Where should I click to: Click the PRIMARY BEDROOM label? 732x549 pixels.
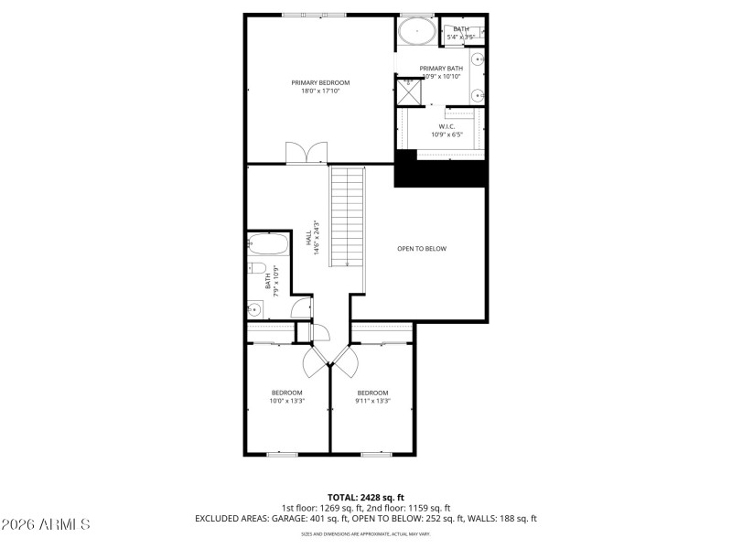pos(320,82)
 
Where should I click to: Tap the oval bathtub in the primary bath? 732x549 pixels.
pos(417,31)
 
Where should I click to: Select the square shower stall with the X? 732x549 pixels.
pos(407,91)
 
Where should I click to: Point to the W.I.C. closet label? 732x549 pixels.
pos(447,126)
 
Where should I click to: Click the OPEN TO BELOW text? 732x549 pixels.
pos(422,249)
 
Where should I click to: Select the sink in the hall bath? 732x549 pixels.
pos(255,308)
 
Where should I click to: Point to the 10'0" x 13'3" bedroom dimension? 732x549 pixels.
pos(286,400)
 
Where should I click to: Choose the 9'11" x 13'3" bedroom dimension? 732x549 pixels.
pos(373,400)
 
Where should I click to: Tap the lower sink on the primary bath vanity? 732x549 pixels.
pos(479,94)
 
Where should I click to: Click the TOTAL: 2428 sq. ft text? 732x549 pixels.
pos(365,497)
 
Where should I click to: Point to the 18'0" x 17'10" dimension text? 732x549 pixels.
pos(320,91)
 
